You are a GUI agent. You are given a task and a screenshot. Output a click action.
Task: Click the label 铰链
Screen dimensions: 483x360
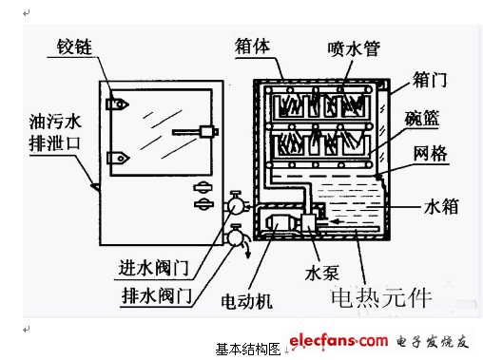tap(74, 47)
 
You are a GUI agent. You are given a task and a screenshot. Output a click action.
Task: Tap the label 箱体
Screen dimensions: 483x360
tap(252, 47)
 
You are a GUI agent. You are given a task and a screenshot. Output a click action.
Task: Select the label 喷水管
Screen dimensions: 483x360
tap(354, 49)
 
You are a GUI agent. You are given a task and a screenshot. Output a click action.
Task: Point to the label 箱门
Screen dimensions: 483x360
tap(430, 80)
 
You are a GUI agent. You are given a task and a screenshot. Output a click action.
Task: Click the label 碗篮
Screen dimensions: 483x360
tap(422, 118)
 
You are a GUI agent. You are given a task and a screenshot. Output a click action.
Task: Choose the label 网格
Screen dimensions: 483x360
tap(430, 154)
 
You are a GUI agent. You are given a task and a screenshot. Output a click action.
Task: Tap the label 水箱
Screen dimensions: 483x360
tap(441, 206)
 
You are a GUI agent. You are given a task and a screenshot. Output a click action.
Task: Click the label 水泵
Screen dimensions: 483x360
tap(321, 273)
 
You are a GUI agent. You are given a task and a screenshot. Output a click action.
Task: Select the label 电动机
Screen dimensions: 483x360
tap(246, 301)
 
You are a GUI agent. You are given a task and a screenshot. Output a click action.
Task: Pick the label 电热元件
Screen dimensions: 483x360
tap(381, 297)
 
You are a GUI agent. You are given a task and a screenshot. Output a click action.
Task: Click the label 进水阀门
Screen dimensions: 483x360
tap(153, 268)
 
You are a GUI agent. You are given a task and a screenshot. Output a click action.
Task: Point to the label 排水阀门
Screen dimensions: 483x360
tap(157, 296)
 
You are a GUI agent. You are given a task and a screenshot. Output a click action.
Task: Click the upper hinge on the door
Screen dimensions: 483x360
tap(117, 104)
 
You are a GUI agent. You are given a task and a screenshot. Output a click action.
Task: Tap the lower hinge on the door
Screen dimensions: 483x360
tap(118, 158)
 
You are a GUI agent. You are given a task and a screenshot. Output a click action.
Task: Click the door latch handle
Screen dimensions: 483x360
tap(195, 132)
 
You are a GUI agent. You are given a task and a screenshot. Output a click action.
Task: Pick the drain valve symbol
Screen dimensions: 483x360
tap(235, 237)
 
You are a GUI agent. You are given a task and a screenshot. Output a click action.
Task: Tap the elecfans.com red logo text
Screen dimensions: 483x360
tap(338, 341)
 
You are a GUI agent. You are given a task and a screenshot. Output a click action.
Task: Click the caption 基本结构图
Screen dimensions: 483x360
tap(248, 350)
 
